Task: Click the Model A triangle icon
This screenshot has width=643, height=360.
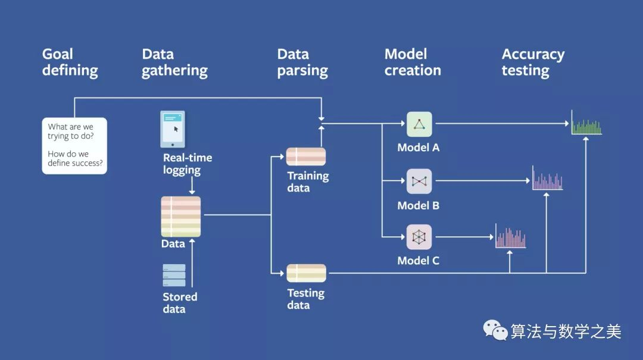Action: click(x=419, y=124)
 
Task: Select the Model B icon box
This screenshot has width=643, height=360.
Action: click(x=419, y=181)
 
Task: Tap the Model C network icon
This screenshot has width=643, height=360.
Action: click(x=419, y=237)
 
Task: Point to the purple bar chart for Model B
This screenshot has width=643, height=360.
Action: click(x=548, y=178)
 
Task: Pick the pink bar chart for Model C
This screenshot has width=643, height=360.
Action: click(x=511, y=236)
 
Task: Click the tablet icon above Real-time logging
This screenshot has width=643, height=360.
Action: click(x=173, y=129)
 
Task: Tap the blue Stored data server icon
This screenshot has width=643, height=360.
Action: click(x=174, y=275)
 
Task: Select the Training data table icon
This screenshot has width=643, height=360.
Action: click(x=306, y=156)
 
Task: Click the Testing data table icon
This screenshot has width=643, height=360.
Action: click(x=307, y=273)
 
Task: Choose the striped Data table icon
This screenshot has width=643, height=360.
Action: click(x=181, y=217)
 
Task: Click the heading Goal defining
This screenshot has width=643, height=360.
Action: click(x=70, y=62)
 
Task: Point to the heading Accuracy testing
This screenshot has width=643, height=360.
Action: click(x=533, y=62)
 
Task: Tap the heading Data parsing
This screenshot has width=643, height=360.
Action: click(x=302, y=62)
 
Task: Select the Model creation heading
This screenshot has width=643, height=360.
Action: click(x=413, y=62)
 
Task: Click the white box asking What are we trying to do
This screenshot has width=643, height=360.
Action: click(x=74, y=146)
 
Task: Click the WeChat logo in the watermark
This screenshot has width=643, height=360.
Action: click(x=495, y=330)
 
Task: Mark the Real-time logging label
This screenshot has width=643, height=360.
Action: click(x=188, y=164)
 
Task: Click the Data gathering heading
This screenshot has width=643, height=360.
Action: click(x=174, y=62)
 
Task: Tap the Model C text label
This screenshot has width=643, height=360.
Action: click(x=419, y=261)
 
